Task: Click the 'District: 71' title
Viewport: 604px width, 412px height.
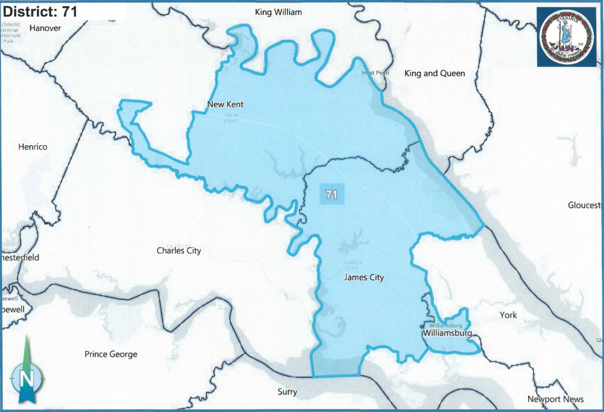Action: [40, 11]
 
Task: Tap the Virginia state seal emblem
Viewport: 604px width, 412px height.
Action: [567, 37]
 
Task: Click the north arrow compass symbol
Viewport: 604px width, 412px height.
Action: [26, 374]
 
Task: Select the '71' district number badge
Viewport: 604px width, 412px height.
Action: [331, 194]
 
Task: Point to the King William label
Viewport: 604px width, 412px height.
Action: [278, 12]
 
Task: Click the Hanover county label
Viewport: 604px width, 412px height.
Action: [45, 28]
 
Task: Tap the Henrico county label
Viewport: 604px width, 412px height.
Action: [33, 147]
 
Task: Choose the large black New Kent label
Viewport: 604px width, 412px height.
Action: [225, 104]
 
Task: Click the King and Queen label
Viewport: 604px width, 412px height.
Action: [435, 73]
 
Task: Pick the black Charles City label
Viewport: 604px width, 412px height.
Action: [179, 251]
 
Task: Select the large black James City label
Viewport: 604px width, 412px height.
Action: [364, 277]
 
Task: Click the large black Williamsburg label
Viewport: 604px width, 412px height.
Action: [447, 333]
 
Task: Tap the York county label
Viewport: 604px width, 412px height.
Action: [508, 315]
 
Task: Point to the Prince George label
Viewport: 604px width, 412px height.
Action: [111, 354]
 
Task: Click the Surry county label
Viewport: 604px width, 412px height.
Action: [287, 392]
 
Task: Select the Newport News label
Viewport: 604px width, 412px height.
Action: [555, 399]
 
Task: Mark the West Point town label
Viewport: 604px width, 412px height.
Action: [376, 73]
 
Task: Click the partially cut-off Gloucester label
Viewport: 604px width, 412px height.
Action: [584, 205]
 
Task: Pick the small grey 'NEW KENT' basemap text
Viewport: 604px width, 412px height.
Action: [232, 118]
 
